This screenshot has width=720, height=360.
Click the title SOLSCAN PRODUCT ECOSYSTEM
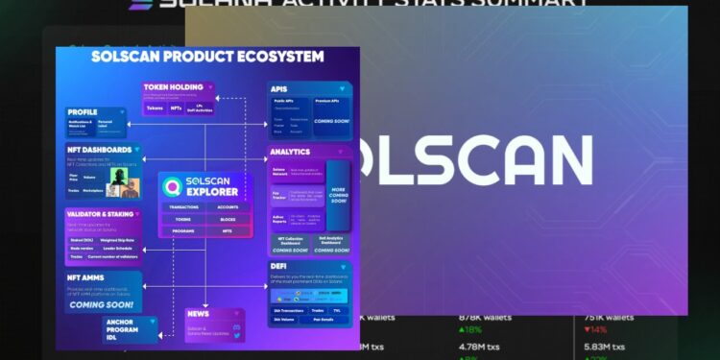click(x=207, y=57)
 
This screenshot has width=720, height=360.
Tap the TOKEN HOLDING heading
click(x=172, y=88)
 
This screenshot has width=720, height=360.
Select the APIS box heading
click(x=284, y=88)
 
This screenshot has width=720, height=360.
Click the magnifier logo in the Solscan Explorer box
click(x=174, y=186)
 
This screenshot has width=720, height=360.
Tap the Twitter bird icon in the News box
click(x=234, y=327)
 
